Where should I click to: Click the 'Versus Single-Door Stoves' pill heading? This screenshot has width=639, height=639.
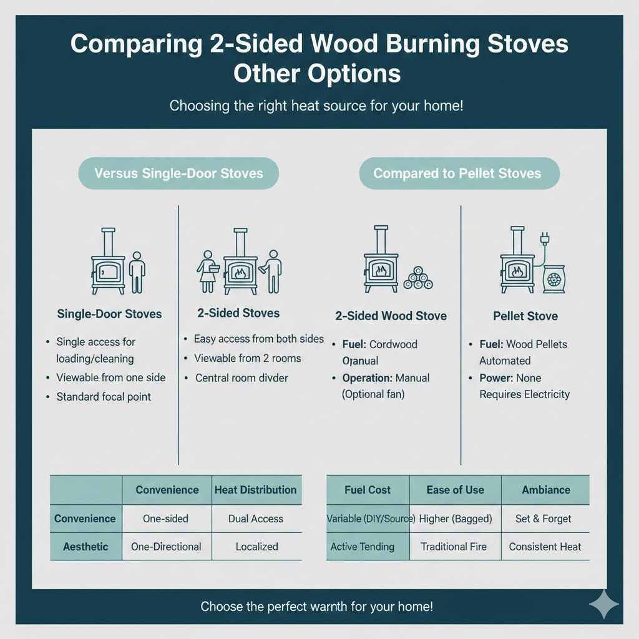coord(178,173)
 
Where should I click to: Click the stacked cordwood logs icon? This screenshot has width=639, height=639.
coord(418,278)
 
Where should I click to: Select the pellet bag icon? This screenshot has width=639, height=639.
coord(554,279)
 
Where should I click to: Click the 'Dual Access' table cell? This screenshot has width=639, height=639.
coord(256,519)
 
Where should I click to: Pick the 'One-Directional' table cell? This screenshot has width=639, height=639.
coord(166,547)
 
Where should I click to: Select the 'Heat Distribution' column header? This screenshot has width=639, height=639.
coord(256,490)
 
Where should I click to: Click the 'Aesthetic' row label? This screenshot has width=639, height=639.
coord(85,547)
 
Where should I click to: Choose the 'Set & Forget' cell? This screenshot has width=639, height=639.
coord(544,519)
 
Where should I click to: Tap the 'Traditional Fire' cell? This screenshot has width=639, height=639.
coord(454,547)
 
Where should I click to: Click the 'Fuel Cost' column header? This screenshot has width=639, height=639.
coord(368,490)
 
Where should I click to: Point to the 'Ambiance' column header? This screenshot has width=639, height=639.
coord(546,490)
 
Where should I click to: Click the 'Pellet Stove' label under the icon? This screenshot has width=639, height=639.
coord(525,316)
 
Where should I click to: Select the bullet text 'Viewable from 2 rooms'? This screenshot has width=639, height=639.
coord(248,358)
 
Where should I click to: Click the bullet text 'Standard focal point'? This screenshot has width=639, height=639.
coord(104,396)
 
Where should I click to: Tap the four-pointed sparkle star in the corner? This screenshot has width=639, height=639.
coord(603,603)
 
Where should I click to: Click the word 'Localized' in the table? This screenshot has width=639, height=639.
coord(256,547)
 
